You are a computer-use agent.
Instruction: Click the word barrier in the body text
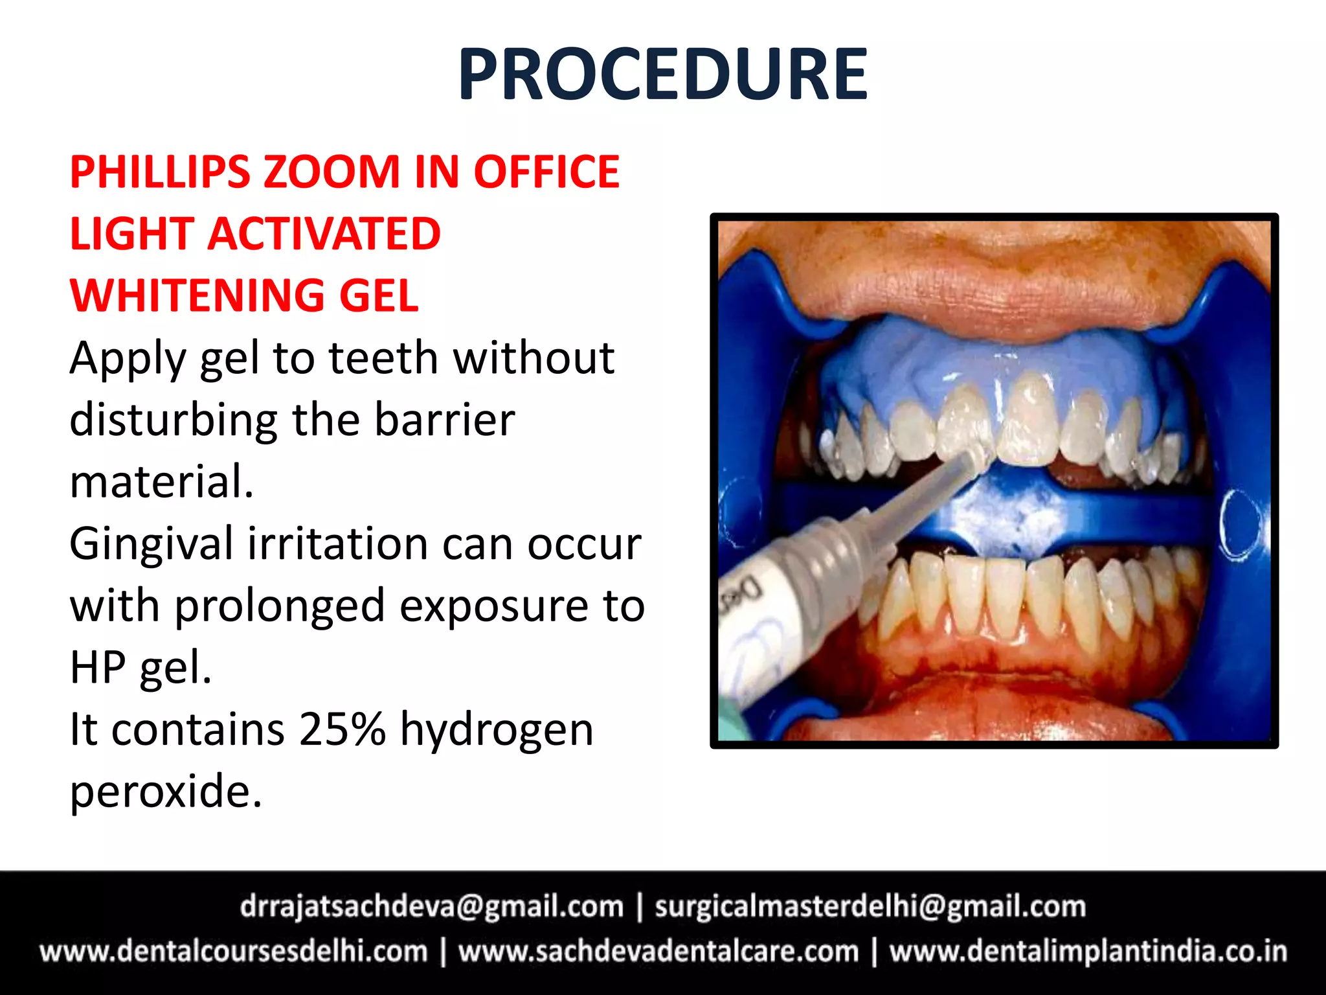click(x=445, y=420)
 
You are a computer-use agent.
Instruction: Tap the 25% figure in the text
click(x=343, y=729)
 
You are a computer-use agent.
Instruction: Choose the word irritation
click(x=337, y=544)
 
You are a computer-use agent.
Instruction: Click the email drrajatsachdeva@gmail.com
click(x=431, y=907)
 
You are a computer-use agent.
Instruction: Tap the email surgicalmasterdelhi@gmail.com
click(x=870, y=907)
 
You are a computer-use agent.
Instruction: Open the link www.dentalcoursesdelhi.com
click(x=234, y=952)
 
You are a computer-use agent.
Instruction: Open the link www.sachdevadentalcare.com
click(x=658, y=952)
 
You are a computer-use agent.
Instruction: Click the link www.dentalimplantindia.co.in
click(x=1088, y=952)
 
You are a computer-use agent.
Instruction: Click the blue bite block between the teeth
click(x=1010, y=509)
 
